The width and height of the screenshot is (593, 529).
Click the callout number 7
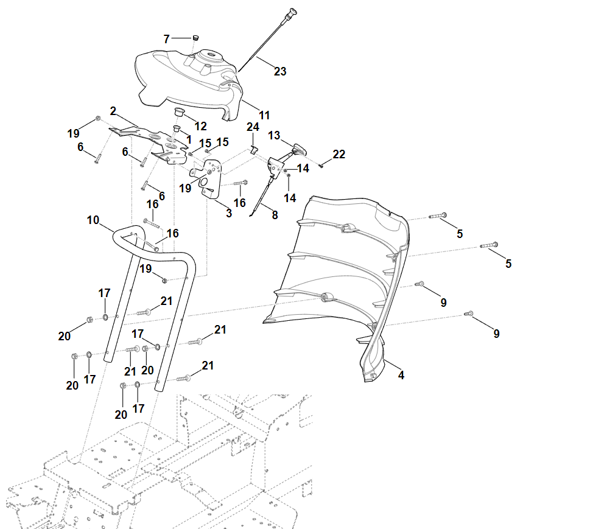click(x=166, y=39)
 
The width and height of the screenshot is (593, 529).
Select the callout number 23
click(x=279, y=71)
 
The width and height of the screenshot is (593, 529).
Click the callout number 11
click(x=264, y=114)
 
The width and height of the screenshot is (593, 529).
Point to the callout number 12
click(x=200, y=126)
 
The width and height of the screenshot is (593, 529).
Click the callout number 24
click(x=253, y=127)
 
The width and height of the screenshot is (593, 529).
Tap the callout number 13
click(x=274, y=135)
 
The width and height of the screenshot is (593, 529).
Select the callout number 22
click(x=339, y=155)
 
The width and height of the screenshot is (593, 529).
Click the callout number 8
click(x=275, y=214)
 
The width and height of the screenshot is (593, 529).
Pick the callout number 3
click(x=229, y=213)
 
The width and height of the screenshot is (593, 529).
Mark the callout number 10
click(x=93, y=219)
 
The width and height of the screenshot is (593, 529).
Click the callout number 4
click(x=401, y=375)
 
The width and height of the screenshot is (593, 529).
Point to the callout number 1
click(x=189, y=139)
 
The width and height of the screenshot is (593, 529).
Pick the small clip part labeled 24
click(x=255, y=149)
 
